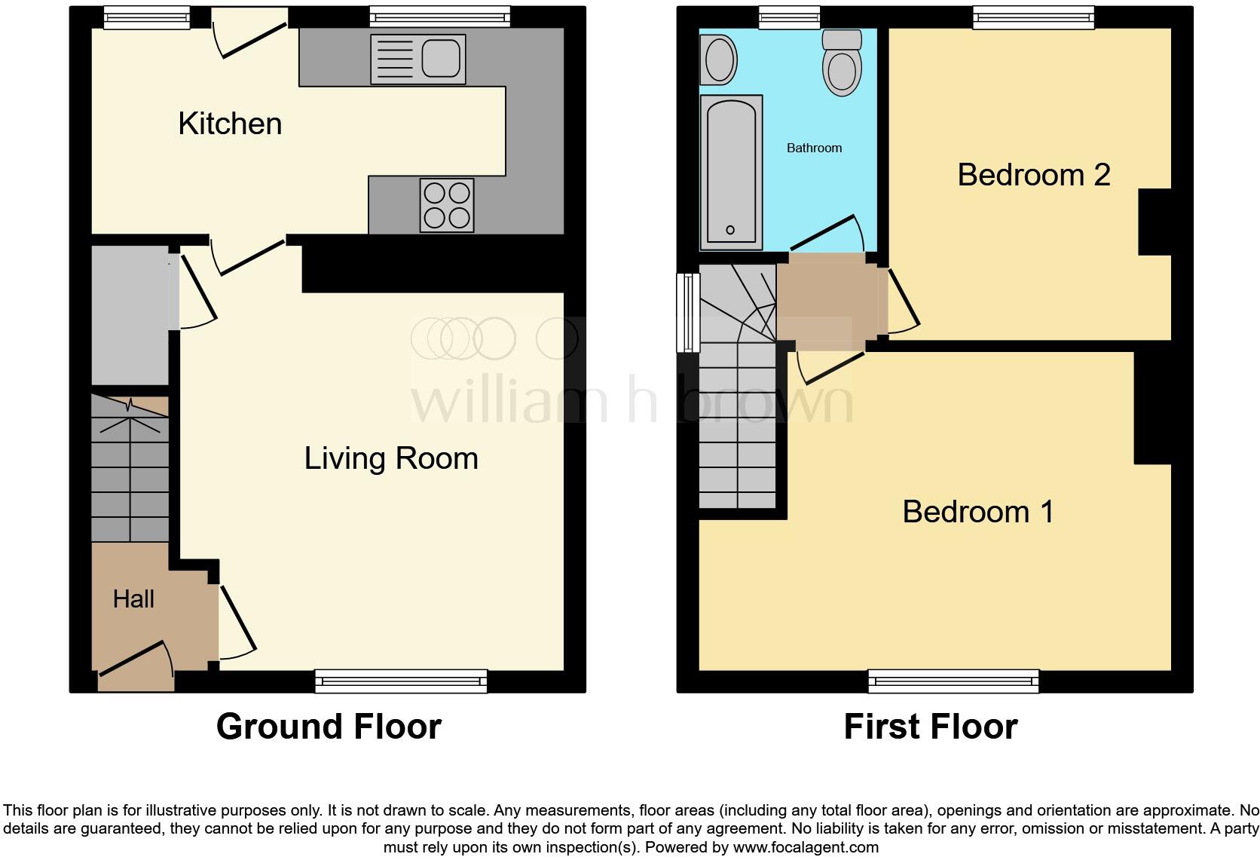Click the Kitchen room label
click(x=230, y=124)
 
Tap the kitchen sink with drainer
click(x=417, y=59)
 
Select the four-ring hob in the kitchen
click(x=447, y=205)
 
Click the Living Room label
click(x=391, y=458)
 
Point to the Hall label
click(x=133, y=599)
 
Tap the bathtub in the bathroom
click(x=730, y=172)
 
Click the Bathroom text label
click(x=814, y=148)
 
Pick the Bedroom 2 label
click(x=1033, y=175)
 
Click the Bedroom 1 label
click(x=977, y=512)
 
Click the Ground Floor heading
click(x=329, y=727)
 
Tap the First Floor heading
click(x=930, y=727)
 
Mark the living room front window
click(x=401, y=681)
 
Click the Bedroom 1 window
click(x=953, y=681)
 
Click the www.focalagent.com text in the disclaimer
click(x=805, y=847)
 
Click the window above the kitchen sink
click(x=439, y=17)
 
